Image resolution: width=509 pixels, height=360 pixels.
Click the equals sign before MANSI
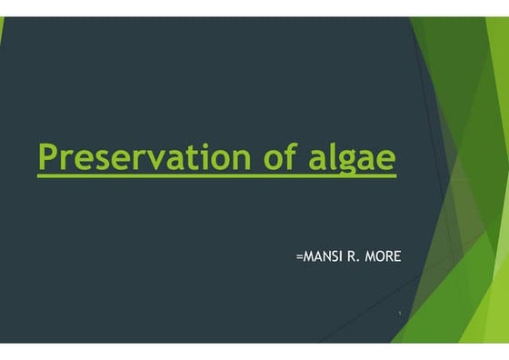(300, 257)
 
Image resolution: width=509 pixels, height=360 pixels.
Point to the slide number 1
(401, 313)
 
